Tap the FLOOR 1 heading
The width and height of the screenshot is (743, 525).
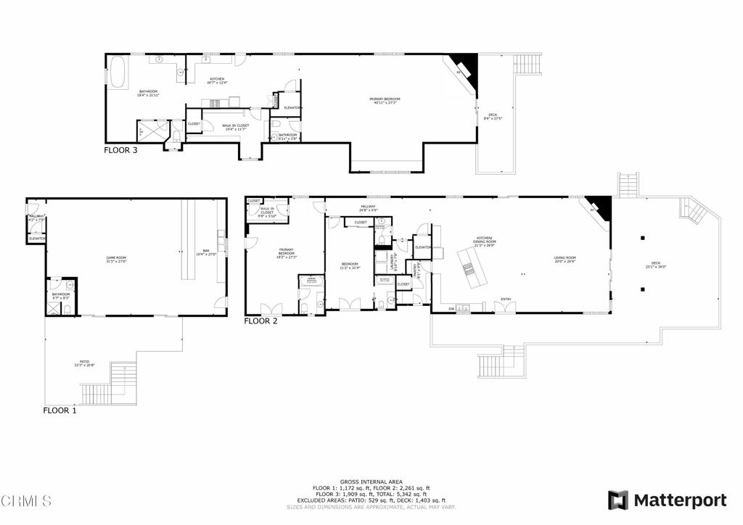(59, 410)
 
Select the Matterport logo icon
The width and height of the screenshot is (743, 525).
(617, 500)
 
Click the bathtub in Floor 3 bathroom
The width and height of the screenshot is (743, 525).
(118, 73)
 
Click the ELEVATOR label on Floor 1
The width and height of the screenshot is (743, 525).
(37, 239)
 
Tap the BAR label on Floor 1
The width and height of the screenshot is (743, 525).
(206, 252)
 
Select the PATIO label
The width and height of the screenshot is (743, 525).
(84, 363)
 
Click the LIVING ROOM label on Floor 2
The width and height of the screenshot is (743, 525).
(565, 259)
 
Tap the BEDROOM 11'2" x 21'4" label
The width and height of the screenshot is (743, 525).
(350, 265)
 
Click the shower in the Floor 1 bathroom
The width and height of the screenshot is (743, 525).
(53, 308)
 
